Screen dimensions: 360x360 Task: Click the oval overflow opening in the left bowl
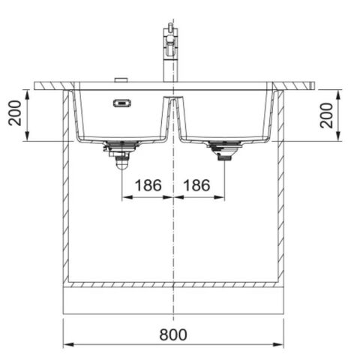pos(119,103)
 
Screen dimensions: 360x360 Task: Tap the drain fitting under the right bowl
pos(223,152)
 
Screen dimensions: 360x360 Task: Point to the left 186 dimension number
pos(147,184)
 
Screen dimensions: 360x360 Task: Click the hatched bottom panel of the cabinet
pos(174,285)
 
